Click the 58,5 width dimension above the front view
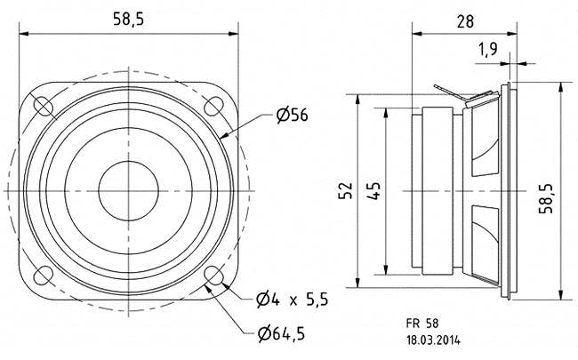[128, 19]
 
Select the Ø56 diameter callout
[292, 116]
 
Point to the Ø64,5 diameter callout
[288, 335]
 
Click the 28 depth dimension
[462, 19]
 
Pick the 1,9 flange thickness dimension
[486, 50]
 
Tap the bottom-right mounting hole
[213, 276]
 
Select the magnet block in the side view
[441, 191]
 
